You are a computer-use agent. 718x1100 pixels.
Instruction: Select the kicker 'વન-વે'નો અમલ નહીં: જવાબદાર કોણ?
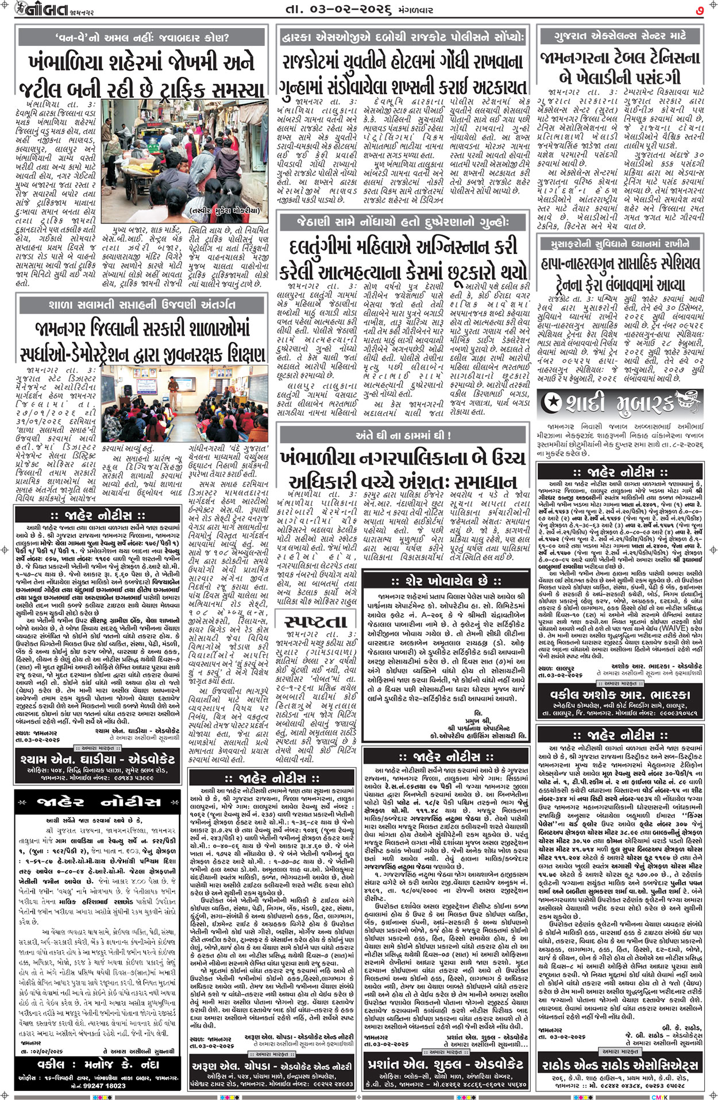[x=142, y=39]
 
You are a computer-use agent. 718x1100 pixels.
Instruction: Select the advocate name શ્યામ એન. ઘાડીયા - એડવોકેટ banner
[x=102, y=759]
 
